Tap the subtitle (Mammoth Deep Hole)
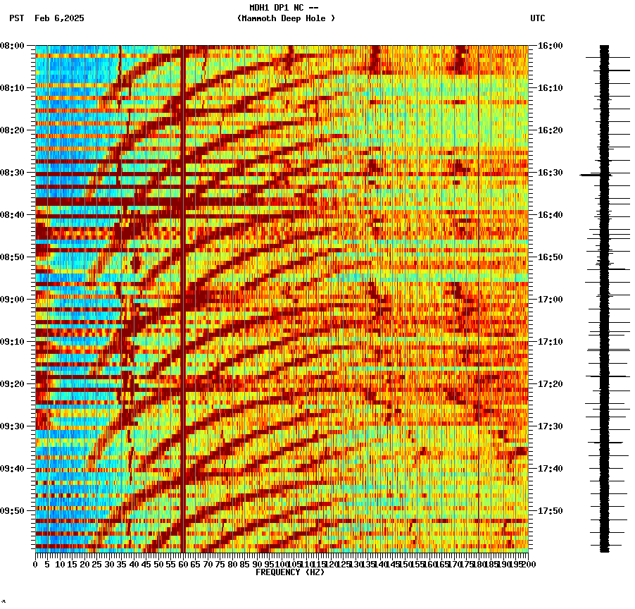(286, 18)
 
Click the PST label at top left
(17, 18)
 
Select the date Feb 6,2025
(59, 18)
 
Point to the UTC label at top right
(538, 18)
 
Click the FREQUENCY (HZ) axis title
(290, 572)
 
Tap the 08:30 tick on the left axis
(13, 173)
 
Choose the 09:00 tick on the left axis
(13, 300)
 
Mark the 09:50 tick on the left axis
(13, 511)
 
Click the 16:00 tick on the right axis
(550, 46)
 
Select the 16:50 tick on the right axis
(550, 257)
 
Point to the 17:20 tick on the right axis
(550, 384)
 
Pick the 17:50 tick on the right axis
(550, 511)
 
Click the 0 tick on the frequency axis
(36, 564)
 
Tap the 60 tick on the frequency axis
(183, 564)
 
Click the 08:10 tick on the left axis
(13, 88)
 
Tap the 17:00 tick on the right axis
(550, 300)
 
